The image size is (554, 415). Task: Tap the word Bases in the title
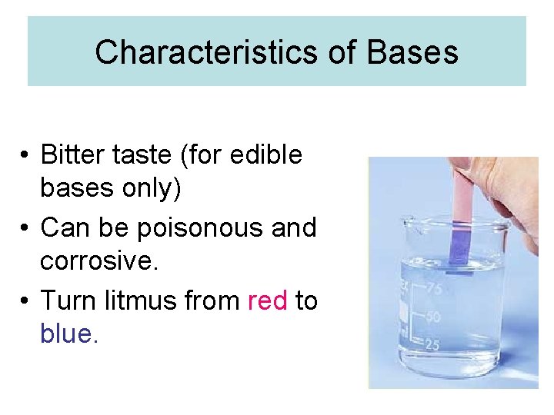tap(412, 52)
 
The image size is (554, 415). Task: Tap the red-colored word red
tap(268, 300)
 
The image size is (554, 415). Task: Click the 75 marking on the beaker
tap(434, 289)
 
